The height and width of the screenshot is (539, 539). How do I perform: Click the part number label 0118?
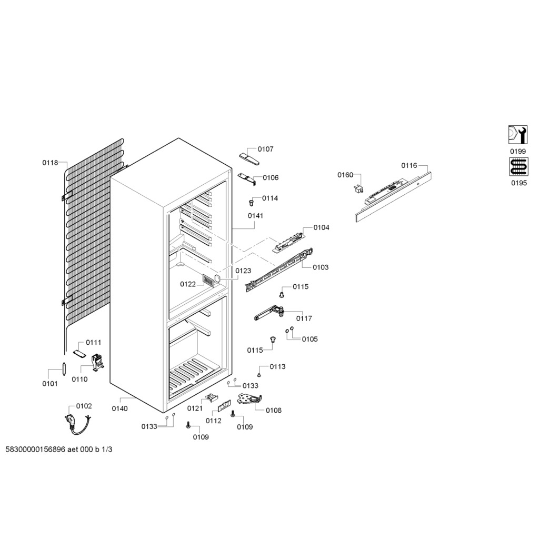(50, 163)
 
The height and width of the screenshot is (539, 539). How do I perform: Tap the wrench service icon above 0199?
(517, 135)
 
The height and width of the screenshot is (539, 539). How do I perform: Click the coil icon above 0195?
(517, 167)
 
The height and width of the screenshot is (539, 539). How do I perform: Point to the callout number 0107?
(265, 149)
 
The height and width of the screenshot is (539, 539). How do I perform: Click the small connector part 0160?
(360, 188)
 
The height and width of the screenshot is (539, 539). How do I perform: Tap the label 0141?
(255, 216)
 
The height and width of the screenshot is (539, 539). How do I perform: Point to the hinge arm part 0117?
(271, 313)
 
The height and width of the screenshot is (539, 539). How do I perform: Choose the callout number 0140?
(119, 408)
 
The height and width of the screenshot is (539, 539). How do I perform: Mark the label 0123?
(243, 271)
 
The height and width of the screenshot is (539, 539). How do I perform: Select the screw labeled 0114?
(252, 202)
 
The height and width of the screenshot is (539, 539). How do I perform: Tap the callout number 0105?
(310, 339)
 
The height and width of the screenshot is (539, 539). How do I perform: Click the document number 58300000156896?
(35, 450)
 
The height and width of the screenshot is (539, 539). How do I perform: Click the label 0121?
(195, 408)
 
